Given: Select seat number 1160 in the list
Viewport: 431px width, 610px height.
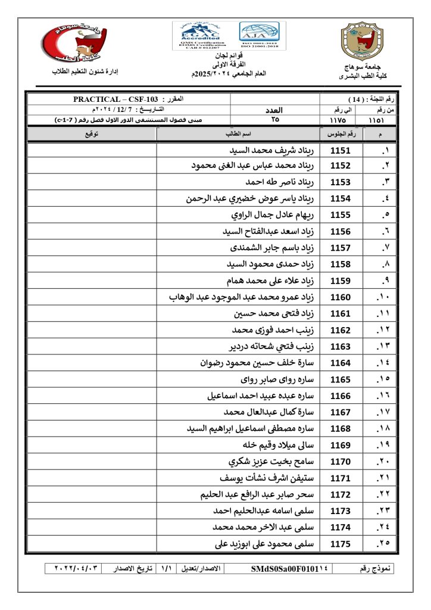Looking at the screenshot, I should [x=341, y=297].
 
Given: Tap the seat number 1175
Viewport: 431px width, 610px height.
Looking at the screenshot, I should [x=341, y=543].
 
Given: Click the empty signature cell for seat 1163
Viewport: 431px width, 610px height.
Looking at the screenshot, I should [x=92, y=346].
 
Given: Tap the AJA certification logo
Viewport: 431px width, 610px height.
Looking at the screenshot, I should [x=259, y=36].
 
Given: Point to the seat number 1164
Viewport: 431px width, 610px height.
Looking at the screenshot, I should [x=341, y=363].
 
